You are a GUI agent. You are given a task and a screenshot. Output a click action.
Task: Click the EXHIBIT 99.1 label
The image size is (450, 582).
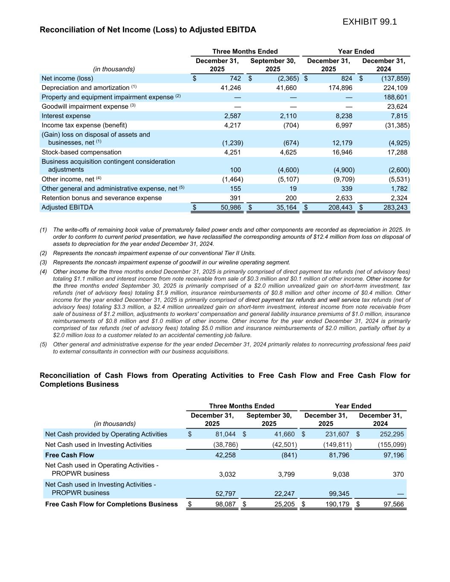coord(369,22)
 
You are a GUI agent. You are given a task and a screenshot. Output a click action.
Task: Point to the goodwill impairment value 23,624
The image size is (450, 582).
coord(395,107)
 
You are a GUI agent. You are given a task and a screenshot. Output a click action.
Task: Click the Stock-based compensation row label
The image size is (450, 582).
coord(81,152)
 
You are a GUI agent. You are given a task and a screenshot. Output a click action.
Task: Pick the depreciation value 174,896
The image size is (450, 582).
coord(340,88)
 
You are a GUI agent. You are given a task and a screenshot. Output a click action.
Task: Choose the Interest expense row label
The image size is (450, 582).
coord(66,116)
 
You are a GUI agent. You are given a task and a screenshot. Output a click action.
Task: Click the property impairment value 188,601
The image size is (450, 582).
coord(395,97)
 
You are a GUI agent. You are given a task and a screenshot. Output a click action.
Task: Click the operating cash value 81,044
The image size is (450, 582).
coord(224,434)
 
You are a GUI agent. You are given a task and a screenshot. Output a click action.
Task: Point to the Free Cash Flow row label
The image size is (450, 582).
coord(70,455)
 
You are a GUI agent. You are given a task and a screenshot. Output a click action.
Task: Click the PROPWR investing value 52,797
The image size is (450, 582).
coord(224,494)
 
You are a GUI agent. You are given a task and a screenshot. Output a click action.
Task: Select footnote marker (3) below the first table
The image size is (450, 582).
coord(44,263)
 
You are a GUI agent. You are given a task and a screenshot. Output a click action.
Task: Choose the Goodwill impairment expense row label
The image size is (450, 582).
coord(85,107)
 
